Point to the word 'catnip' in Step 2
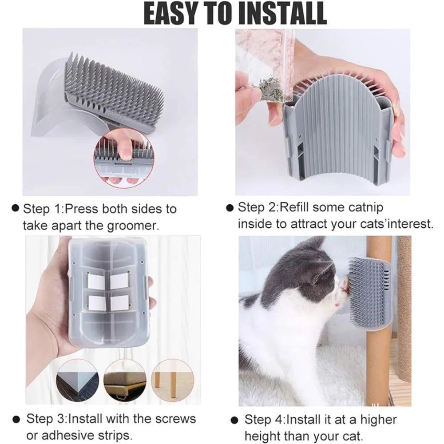point(361,207)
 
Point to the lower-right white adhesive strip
point(119,303)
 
